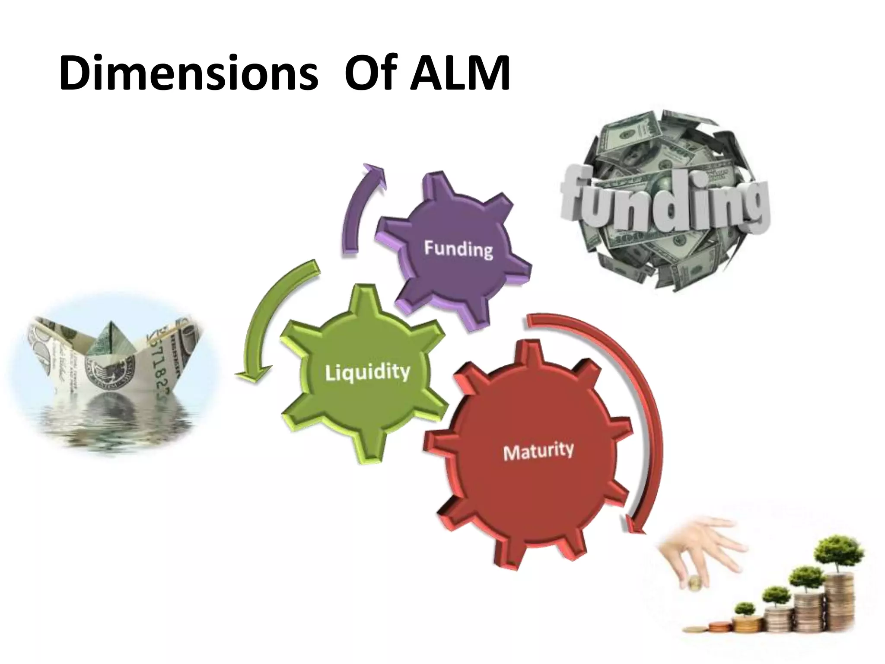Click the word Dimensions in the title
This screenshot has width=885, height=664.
188,73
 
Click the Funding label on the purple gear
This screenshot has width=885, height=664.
458,249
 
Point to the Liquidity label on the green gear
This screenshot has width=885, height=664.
367,373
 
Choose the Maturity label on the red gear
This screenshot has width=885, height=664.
538,451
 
